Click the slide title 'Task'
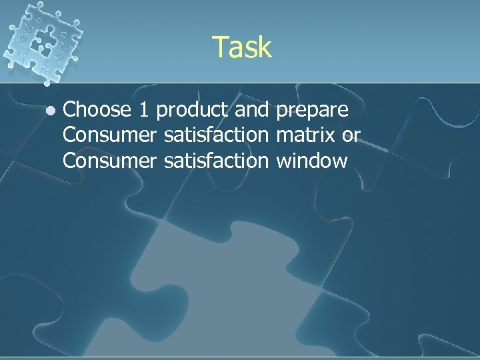coord(242,47)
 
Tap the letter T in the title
coord(220,47)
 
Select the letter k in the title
coord(265,47)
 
